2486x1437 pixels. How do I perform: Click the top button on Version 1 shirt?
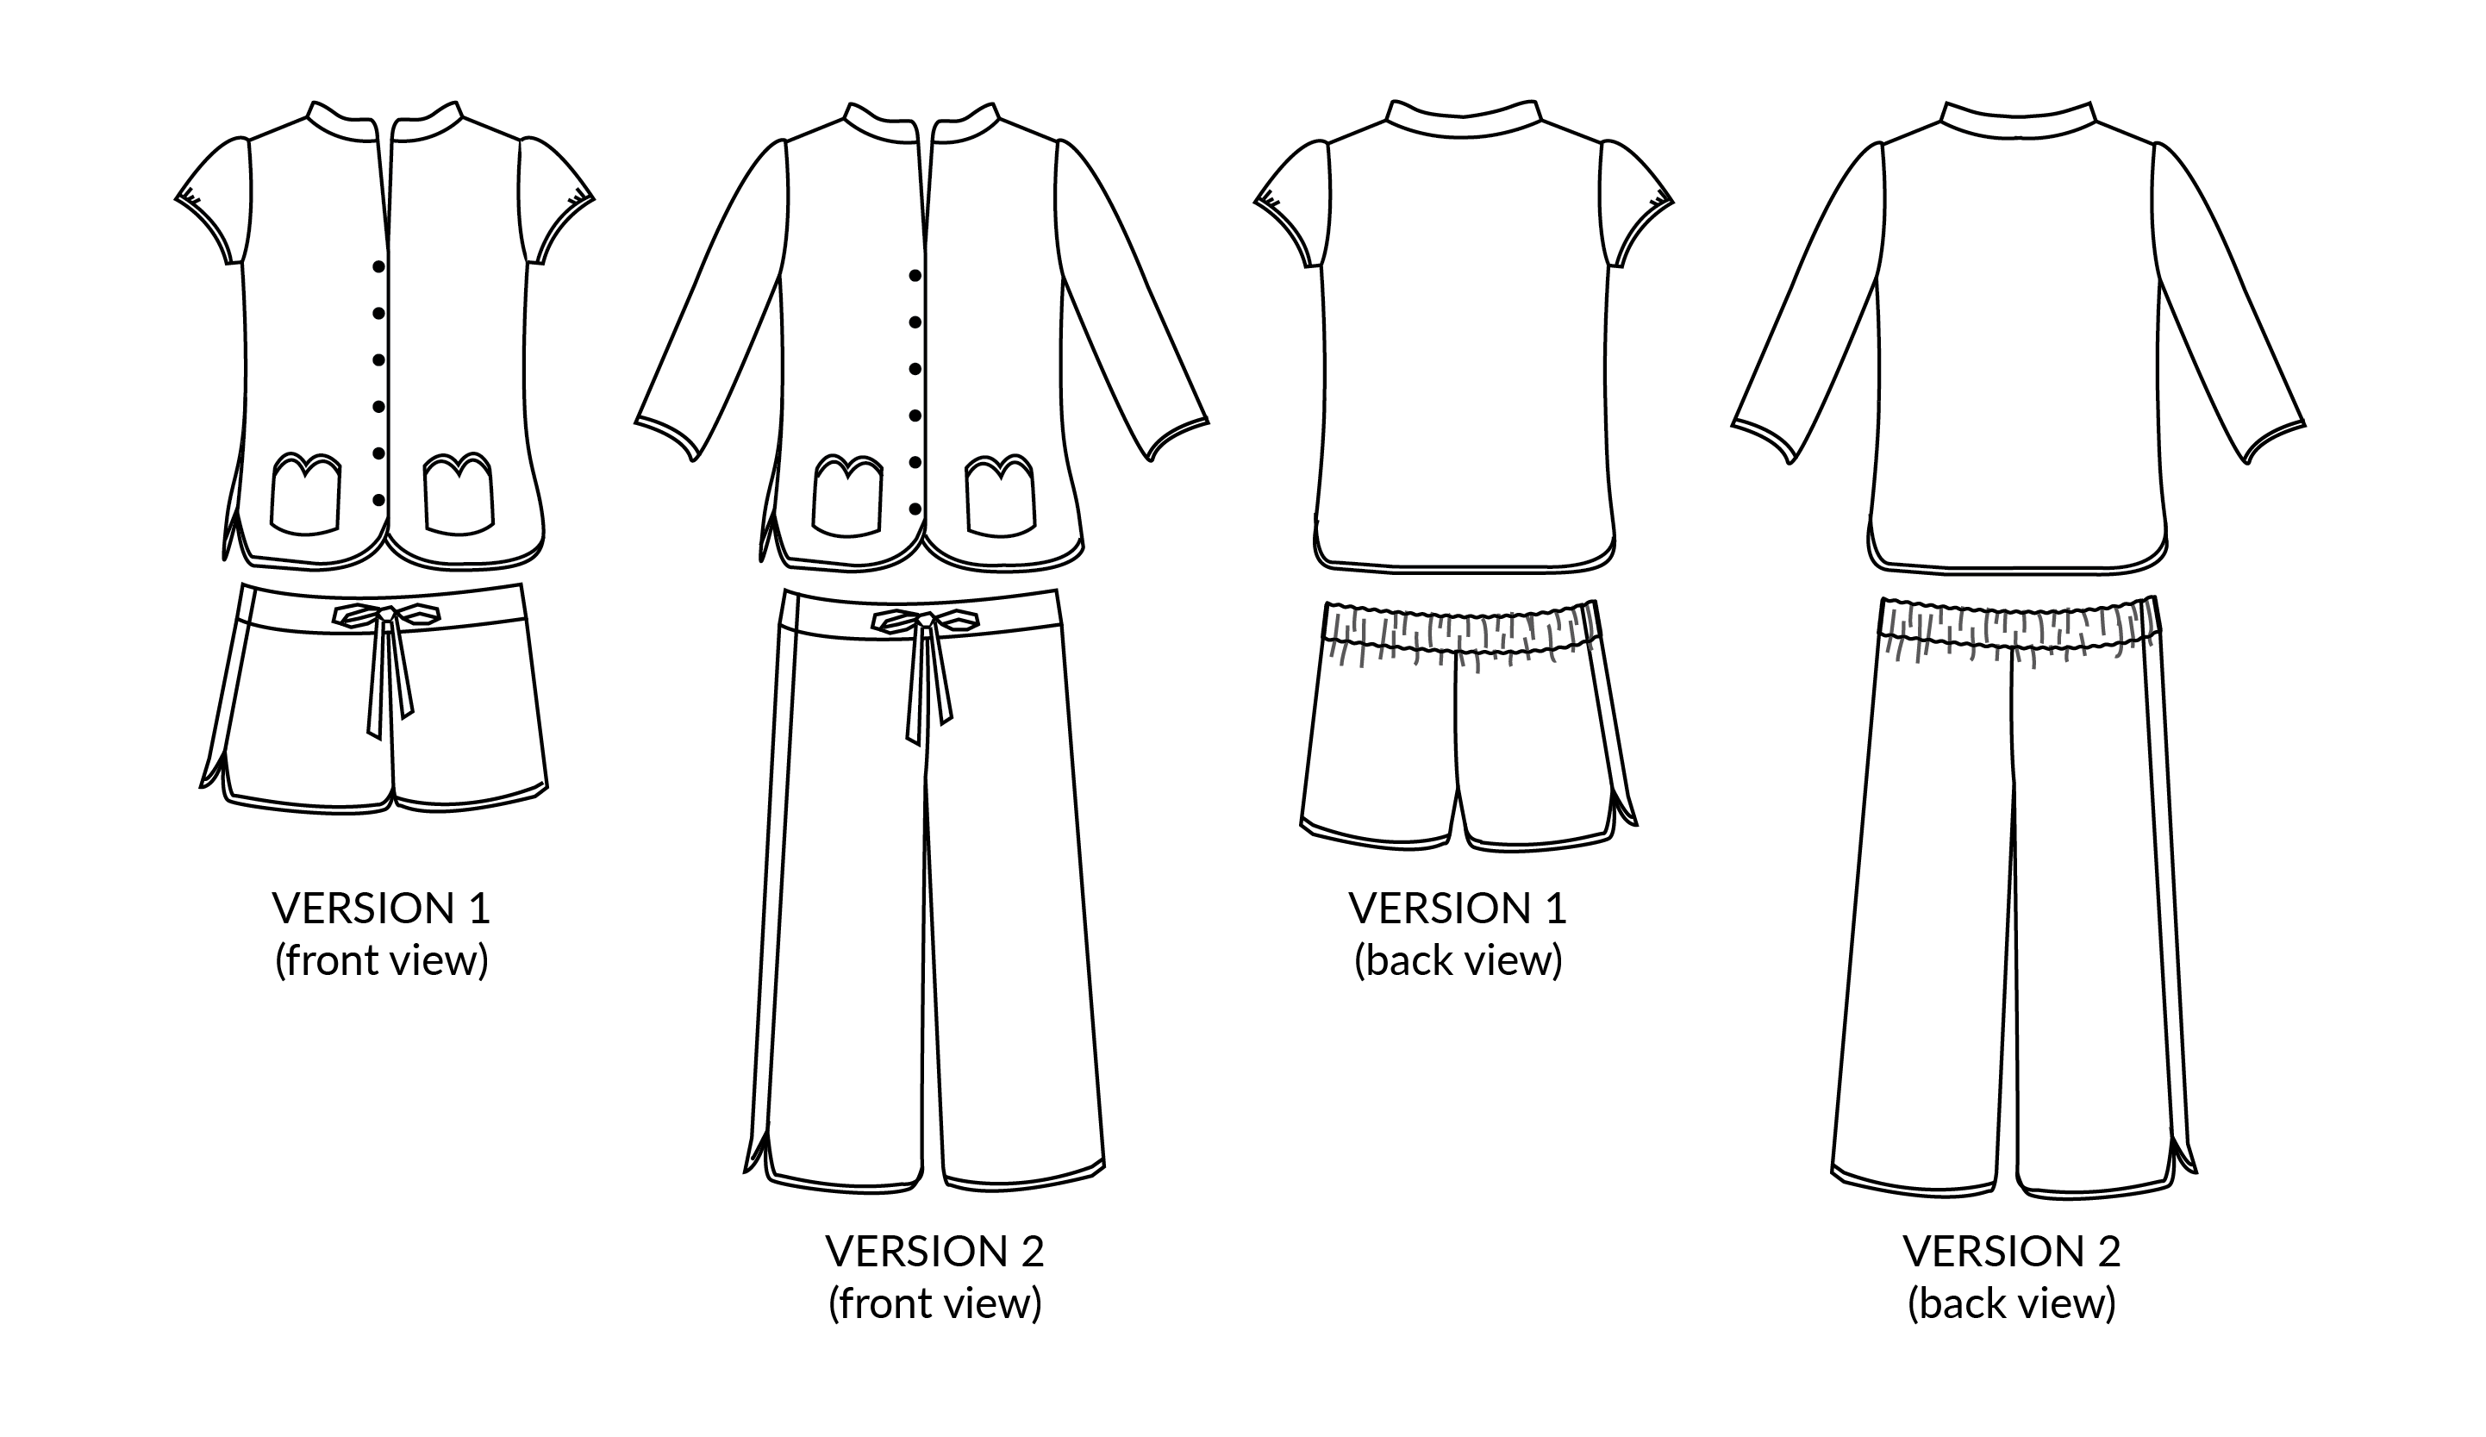click(x=378, y=266)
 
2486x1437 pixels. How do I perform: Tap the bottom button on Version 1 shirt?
click(x=378, y=500)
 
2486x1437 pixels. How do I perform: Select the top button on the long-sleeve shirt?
click(x=915, y=275)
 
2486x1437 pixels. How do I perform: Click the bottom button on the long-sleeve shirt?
click(x=915, y=509)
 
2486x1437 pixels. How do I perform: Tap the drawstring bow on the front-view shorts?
click(x=387, y=615)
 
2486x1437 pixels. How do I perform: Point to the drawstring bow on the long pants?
click(x=925, y=622)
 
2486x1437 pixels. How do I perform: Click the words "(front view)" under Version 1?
click(x=382, y=960)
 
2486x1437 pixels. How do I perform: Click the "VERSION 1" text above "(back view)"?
click(x=1458, y=908)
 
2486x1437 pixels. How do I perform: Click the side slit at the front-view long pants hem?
click(x=758, y=1150)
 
